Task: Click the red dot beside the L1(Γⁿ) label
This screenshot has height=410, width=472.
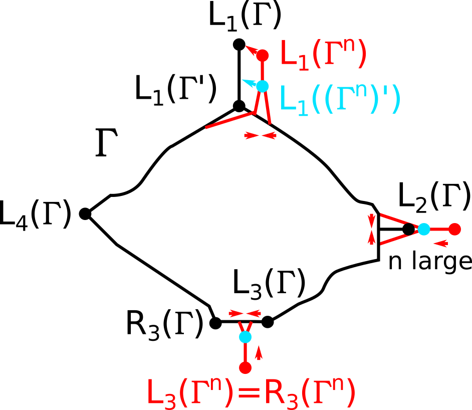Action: tap(263, 56)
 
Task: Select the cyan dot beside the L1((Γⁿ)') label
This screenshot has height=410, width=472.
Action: tap(263, 86)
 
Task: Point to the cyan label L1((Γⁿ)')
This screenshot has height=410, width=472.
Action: tap(339, 100)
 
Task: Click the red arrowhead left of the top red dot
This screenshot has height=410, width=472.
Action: tap(251, 49)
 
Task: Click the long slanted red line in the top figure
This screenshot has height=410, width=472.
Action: tap(230, 120)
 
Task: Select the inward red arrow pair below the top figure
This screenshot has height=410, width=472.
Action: tap(260, 135)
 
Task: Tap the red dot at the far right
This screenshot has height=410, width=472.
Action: tap(454, 229)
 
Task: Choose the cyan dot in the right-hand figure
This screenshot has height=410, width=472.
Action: tap(424, 229)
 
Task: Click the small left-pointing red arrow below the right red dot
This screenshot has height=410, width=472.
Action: tap(440, 244)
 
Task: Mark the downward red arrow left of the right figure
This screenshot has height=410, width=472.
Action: tap(371, 220)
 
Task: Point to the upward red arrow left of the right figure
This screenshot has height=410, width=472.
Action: tap(371, 237)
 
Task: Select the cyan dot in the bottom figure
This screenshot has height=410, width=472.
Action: tap(245, 337)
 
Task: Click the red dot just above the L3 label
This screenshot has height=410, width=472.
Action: tap(245, 368)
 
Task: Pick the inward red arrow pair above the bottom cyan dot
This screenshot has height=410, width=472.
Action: tap(245, 313)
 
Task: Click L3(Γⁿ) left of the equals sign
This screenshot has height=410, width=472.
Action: tap(189, 393)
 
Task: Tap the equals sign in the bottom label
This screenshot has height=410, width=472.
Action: tap(249, 392)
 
